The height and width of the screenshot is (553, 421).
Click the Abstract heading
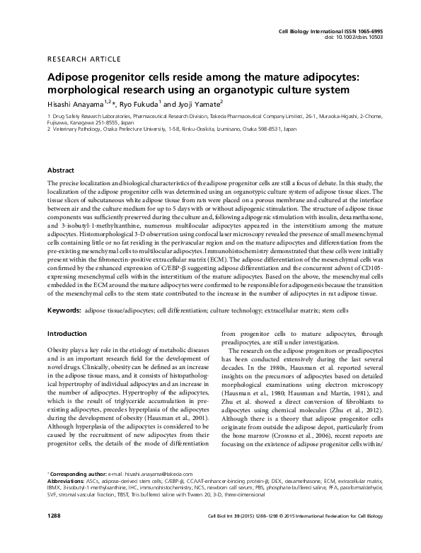(x=61, y=170)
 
